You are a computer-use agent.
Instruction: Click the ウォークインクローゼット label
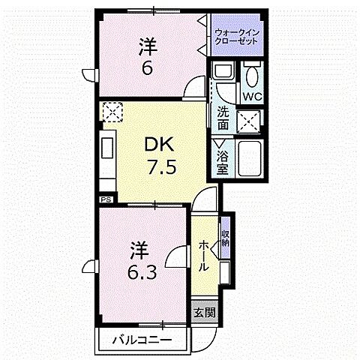point(236,37)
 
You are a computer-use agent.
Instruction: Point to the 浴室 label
point(223,163)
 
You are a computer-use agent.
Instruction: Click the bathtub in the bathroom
point(249,159)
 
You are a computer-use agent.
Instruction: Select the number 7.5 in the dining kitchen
point(161,167)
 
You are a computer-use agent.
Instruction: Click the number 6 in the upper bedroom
point(148,67)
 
